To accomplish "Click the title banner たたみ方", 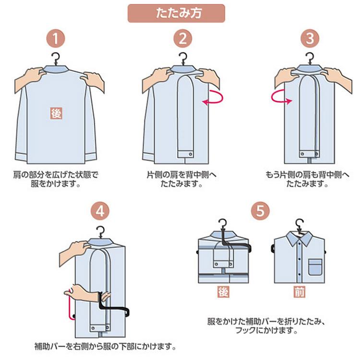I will coord(176,13).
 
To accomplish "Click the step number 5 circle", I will coord(260,210).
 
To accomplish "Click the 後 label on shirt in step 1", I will coord(56,113).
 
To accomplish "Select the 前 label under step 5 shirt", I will coord(299,291).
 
